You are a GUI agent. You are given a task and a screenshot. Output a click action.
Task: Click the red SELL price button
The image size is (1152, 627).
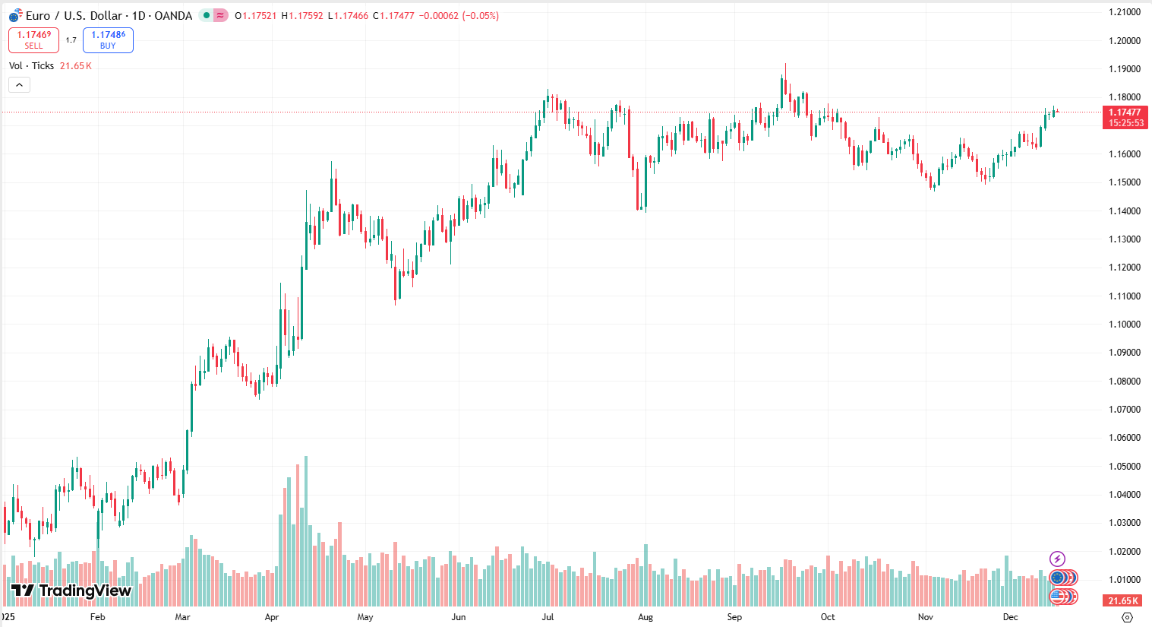33,40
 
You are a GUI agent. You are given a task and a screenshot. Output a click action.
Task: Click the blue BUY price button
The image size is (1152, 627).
108,40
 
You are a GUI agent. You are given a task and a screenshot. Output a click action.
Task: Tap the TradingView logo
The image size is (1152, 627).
71,591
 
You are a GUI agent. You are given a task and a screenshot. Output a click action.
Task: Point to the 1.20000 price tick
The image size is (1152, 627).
1124,40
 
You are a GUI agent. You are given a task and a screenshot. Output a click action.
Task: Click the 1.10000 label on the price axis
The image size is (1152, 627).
1124,325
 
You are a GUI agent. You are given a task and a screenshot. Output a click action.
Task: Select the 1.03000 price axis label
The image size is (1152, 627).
1124,523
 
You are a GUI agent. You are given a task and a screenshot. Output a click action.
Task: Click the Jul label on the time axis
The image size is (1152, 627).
548,617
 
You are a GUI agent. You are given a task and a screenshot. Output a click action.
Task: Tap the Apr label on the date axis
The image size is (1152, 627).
272,617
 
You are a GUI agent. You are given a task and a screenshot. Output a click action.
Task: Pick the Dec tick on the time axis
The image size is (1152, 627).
1010,617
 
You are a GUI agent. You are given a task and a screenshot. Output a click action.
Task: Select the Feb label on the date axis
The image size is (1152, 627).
97,617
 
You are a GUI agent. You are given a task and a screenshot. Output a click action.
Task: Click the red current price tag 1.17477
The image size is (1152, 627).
1125,112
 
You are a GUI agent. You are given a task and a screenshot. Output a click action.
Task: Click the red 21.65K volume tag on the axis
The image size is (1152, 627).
1123,600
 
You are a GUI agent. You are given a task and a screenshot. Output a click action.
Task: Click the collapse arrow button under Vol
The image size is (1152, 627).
19,84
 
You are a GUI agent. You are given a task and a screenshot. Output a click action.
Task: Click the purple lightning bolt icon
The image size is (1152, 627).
1057,559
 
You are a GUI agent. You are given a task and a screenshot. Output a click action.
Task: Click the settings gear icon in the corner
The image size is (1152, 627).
1127,617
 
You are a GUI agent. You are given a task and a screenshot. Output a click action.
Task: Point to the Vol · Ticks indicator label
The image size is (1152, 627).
31,66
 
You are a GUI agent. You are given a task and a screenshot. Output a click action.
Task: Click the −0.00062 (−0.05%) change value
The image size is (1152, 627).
459,15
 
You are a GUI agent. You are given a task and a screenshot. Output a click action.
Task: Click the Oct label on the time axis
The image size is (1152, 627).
828,617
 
